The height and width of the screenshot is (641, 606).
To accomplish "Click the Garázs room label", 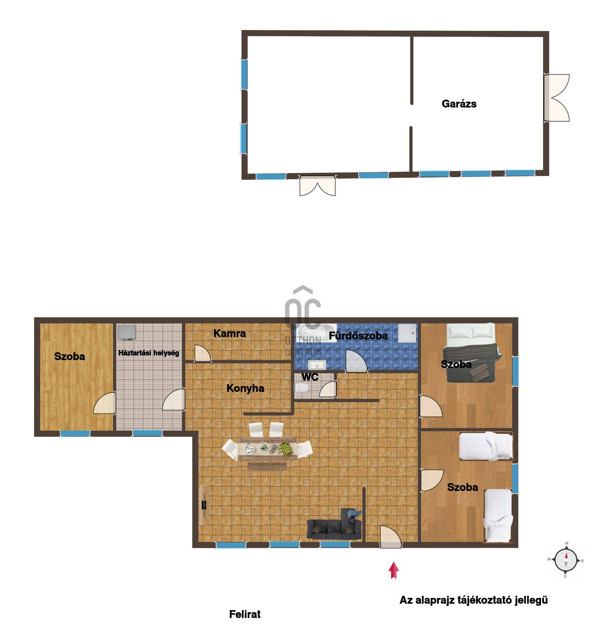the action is pyautogui.click(x=459, y=104).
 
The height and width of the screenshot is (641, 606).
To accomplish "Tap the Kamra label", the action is pyautogui.click(x=230, y=333).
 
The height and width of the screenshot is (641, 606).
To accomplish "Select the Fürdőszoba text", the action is pyautogui.click(x=358, y=336).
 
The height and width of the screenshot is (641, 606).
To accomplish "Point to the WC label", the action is pyautogui.click(x=310, y=377).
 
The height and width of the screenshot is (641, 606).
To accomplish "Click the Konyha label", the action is pyautogui.click(x=246, y=388).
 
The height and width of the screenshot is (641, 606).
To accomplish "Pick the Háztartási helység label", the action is pyautogui.click(x=149, y=353).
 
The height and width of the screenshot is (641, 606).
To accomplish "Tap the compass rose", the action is pyautogui.click(x=566, y=561).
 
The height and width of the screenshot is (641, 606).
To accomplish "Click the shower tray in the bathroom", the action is pyautogui.click(x=407, y=333).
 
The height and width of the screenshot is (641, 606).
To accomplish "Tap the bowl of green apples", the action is pyautogui.click(x=286, y=449).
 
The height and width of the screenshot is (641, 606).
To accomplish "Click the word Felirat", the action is pyautogui.click(x=245, y=614).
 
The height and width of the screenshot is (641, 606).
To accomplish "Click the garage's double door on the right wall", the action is pyautogui.click(x=556, y=98).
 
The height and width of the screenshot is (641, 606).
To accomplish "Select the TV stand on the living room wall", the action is pyautogui.click(x=204, y=505).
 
